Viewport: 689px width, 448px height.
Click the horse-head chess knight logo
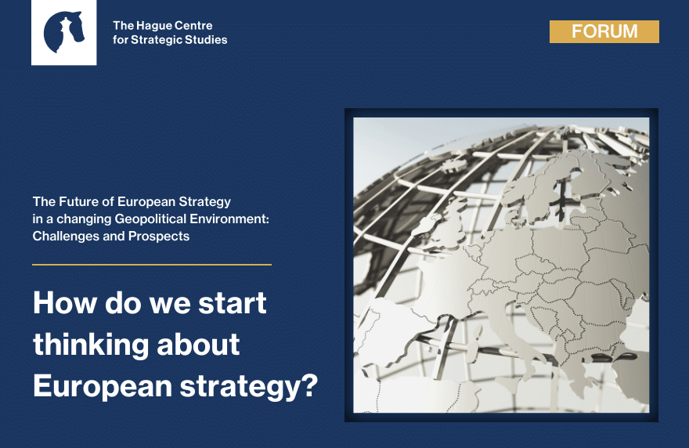63,32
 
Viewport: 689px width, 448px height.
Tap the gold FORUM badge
604,31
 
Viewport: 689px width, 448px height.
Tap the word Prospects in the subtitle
159,236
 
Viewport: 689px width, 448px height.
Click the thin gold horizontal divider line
152,265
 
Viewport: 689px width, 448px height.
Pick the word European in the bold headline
103,387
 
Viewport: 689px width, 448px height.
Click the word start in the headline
233,303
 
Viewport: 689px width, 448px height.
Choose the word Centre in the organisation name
194,26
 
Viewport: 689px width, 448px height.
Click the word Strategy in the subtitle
204,202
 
